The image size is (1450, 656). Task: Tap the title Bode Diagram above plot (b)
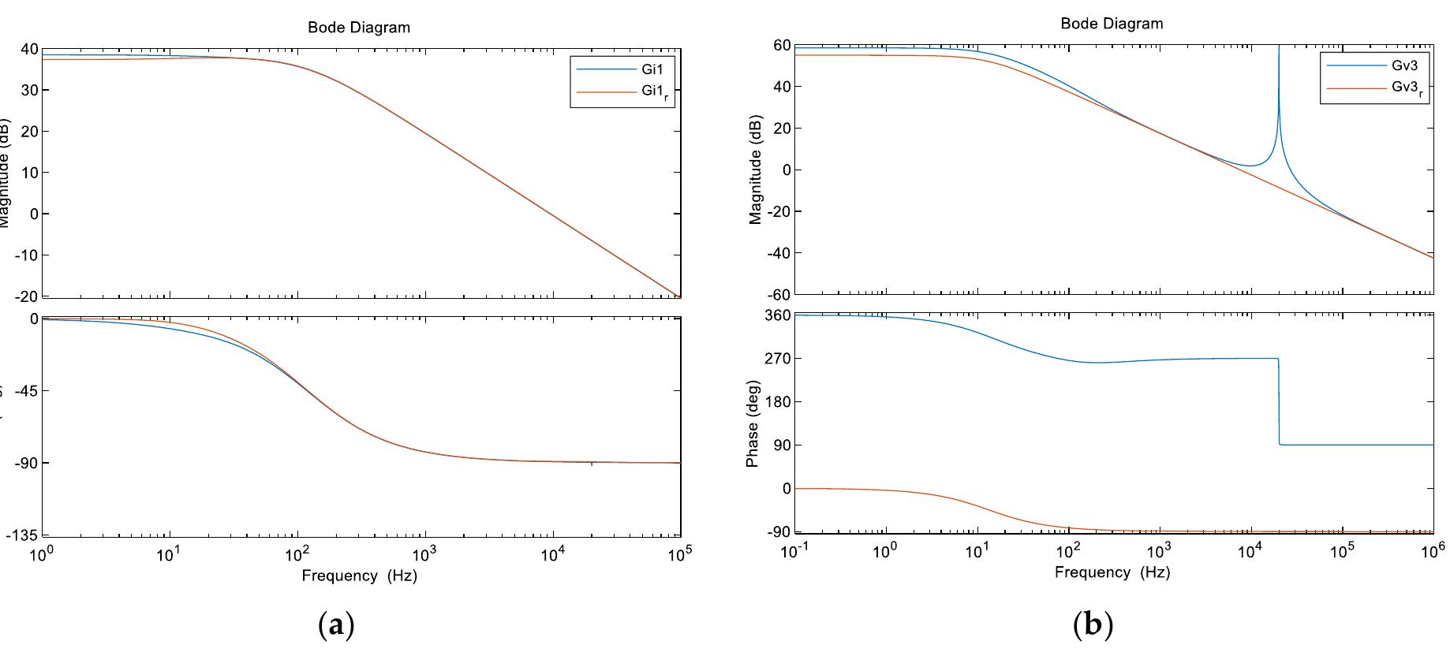(1111, 24)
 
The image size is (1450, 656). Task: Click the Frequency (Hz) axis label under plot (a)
(359, 576)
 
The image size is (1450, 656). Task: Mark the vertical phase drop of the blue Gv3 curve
(1279, 402)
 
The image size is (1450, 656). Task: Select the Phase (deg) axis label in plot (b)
(752, 423)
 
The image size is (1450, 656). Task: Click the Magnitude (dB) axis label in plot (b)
(756, 170)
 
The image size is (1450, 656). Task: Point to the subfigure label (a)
(335, 625)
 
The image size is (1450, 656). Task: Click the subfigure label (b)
(1093, 625)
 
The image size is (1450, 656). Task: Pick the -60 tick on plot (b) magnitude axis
(779, 295)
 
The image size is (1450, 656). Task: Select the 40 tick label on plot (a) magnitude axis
(28, 49)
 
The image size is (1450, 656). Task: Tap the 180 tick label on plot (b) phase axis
(779, 402)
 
